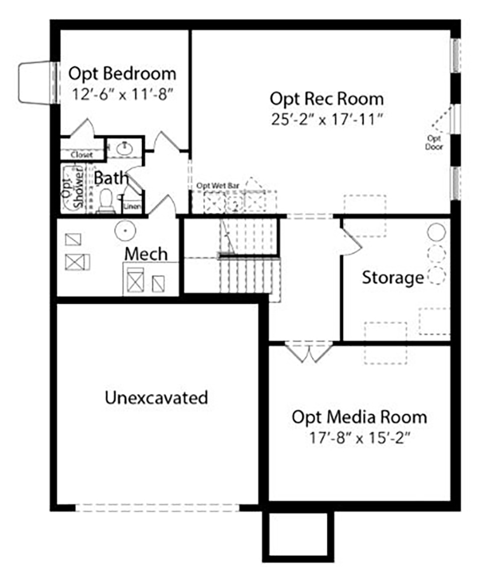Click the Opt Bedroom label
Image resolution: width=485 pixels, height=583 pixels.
tap(122, 73)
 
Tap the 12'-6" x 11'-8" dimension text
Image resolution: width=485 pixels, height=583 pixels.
tap(123, 94)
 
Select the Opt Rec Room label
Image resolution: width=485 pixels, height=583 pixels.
tap(326, 99)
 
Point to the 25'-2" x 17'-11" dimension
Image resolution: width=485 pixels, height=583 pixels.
tap(327, 120)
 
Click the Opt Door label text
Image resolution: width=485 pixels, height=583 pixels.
tap(434, 143)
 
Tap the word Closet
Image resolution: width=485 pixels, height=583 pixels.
tap(82, 154)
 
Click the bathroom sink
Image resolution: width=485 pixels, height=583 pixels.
tap(124, 148)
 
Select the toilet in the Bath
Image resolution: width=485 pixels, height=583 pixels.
tap(106, 201)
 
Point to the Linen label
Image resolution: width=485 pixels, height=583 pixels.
tap(132, 206)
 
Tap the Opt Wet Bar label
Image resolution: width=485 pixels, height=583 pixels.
tap(218, 185)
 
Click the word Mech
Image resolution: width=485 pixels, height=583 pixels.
tap(146, 254)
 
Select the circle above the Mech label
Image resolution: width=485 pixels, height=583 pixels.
tap(125, 231)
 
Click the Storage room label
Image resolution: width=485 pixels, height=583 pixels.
tap(393, 278)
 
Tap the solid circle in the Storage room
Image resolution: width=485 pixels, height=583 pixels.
tap(436, 232)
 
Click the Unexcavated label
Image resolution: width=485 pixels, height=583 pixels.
tap(156, 398)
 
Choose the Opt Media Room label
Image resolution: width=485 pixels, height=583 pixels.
tap(359, 417)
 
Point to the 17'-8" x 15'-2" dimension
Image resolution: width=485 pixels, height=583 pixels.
tap(359, 438)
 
